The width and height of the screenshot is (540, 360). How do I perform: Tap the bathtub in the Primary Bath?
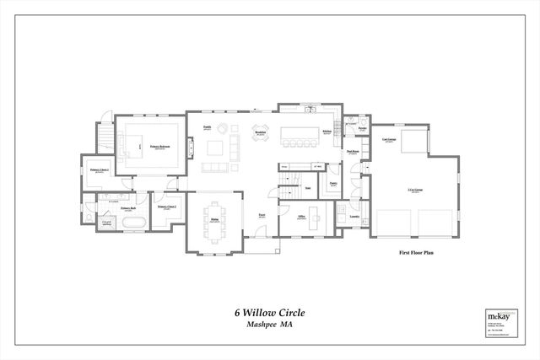132,223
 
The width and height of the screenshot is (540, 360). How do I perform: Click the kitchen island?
300,133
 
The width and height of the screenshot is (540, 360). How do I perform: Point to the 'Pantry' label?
333,183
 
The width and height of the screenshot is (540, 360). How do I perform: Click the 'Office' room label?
301,217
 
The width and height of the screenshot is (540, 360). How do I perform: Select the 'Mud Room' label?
353,152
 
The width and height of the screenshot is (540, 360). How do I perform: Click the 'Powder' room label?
361,128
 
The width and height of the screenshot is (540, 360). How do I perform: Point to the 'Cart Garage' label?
389,139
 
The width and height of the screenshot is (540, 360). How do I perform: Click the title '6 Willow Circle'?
269,312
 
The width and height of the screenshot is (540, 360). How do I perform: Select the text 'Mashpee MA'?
269,324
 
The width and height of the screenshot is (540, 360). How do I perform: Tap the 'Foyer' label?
262,214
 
